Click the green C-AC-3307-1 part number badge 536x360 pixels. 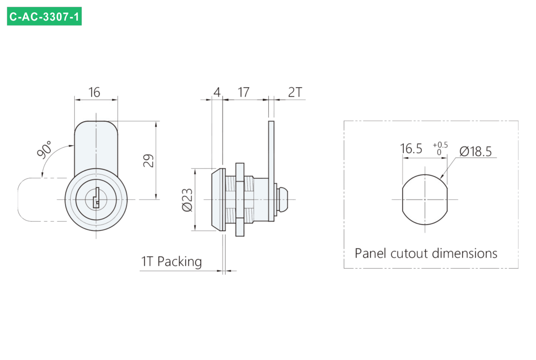pos(44,16)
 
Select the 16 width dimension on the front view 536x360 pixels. pos(94,92)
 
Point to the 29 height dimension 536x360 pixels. pos(148,161)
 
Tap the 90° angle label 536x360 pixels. pos(44,150)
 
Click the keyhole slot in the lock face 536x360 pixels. pos(96,198)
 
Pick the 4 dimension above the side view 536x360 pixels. pos(217,92)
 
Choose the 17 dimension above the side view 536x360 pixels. pos(244,92)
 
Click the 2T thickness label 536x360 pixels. pos(295,92)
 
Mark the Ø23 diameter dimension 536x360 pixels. pos(187,200)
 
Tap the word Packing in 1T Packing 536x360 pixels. pos(180,261)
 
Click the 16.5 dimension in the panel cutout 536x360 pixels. pos(411,149)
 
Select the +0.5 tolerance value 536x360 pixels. pos(440,145)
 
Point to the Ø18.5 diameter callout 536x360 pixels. pos(475,152)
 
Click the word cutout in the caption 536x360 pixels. pos(411,254)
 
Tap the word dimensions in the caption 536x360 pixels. pos(465,253)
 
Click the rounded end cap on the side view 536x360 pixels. pos(282,199)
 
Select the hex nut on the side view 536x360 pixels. pos(240,199)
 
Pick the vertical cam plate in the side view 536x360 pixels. pos(271,171)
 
